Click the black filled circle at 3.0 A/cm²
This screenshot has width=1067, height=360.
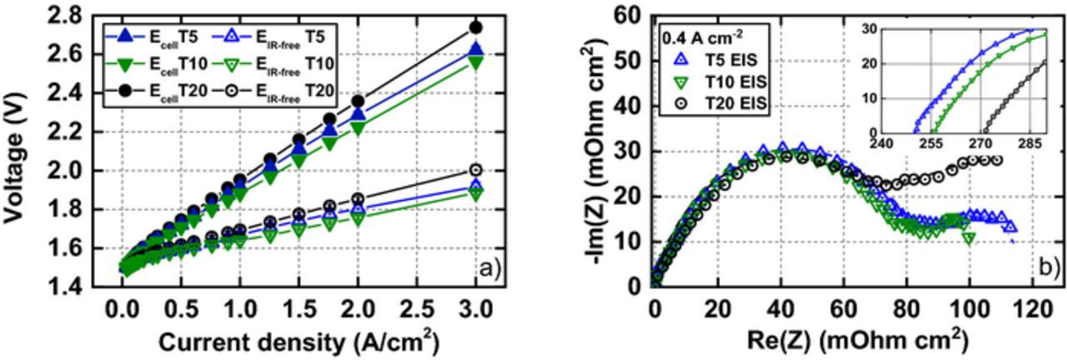click(475, 27)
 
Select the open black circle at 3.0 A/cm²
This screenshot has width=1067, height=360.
click(475, 170)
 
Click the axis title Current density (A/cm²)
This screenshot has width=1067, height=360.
click(298, 342)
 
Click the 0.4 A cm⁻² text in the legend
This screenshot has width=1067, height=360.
click(702, 37)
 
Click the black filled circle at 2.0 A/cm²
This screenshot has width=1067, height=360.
click(358, 101)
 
